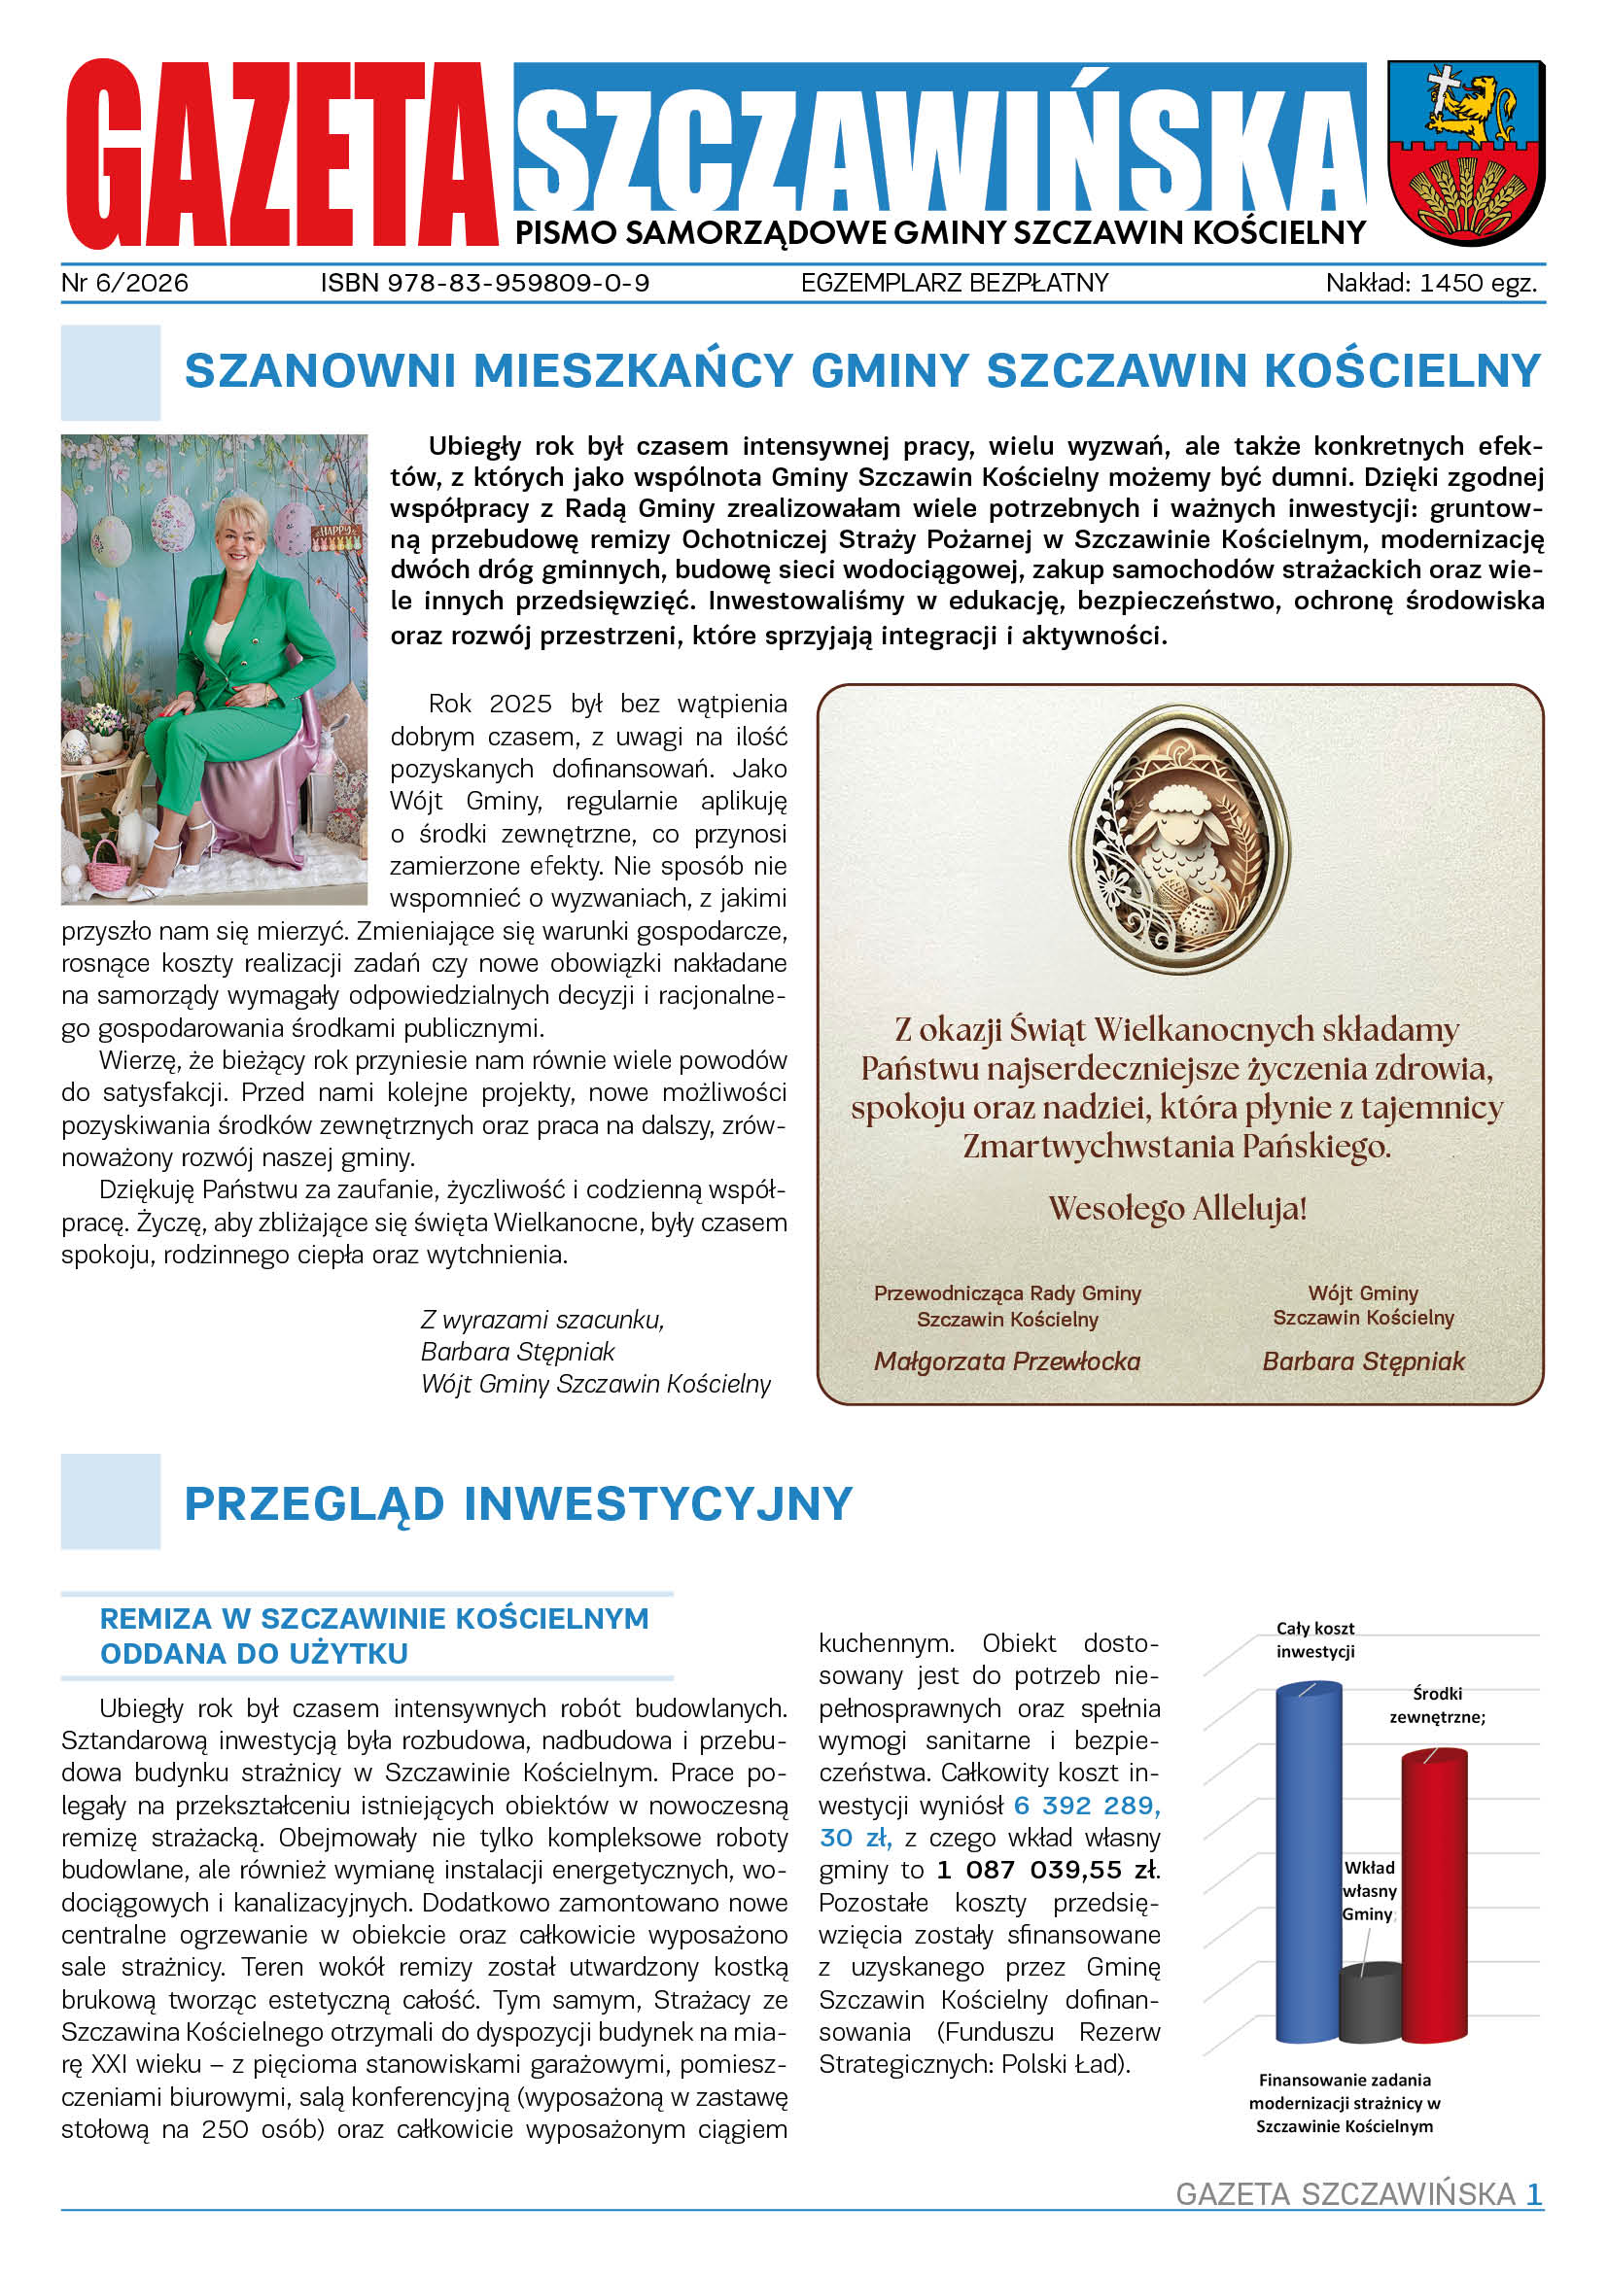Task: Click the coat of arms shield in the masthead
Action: coord(1465,153)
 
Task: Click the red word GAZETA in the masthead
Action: coord(281,155)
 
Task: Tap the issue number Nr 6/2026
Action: coord(124,283)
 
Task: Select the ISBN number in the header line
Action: coord(484,283)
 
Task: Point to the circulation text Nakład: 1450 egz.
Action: coord(1431,283)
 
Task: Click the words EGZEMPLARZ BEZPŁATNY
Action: coord(955,283)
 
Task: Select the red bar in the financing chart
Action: coord(1435,1896)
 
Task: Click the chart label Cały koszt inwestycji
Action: coord(1315,1639)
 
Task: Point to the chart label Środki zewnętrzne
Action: coord(1437,1705)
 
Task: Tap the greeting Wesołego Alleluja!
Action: coord(1177,1209)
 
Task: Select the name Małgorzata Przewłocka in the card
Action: coord(1007,1361)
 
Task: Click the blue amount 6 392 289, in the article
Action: coord(1086,1806)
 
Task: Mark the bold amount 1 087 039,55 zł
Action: coord(1048,1870)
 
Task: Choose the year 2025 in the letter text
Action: coord(520,704)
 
